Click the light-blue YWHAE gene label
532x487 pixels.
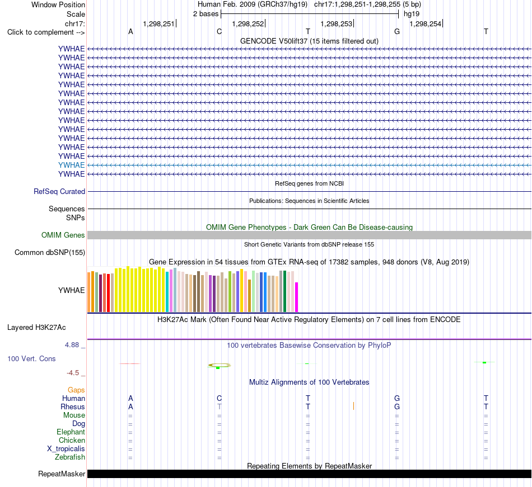(71, 165)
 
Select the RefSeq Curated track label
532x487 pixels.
(59, 191)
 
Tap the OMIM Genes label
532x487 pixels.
(63, 235)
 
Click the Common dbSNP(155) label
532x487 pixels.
(50, 252)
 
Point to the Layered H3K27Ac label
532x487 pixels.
(36, 328)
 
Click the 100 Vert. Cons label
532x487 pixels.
(31, 358)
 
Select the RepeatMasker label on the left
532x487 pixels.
(62, 474)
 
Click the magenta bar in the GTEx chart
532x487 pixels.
(297, 297)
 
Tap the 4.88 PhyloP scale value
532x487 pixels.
(72, 345)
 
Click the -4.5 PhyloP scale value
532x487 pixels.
(73, 373)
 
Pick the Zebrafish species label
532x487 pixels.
(70, 457)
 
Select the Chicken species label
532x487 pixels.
(72, 440)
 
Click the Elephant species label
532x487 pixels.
(71, 432)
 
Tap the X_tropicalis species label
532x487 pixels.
(66, 449)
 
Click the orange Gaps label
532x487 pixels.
(76, 390)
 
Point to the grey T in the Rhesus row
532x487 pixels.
(219, 406)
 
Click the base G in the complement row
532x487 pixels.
(397, 31)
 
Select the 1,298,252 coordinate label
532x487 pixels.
(248, 23)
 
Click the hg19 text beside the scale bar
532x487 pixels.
(412, 14)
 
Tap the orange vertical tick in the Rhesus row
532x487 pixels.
(353, 406)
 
